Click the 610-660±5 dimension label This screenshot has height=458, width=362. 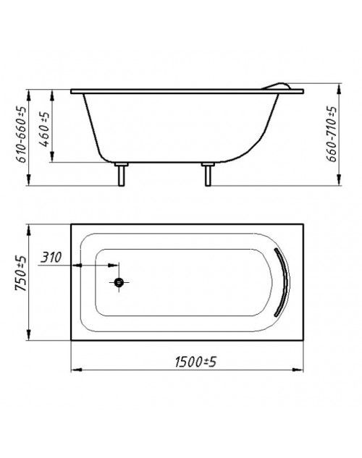pos(22,135)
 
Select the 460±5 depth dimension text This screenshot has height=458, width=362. pos(44,129)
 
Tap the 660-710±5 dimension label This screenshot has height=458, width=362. pos(332,134)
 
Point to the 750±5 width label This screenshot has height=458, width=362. pos(21,273)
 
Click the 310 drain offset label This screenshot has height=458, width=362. pos(51,258)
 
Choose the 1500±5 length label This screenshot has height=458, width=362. pos(195,362)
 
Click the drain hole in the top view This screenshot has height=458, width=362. pos(119,282)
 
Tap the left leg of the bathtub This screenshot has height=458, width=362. pos(121,174)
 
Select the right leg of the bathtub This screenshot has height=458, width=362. pos(208,174)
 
